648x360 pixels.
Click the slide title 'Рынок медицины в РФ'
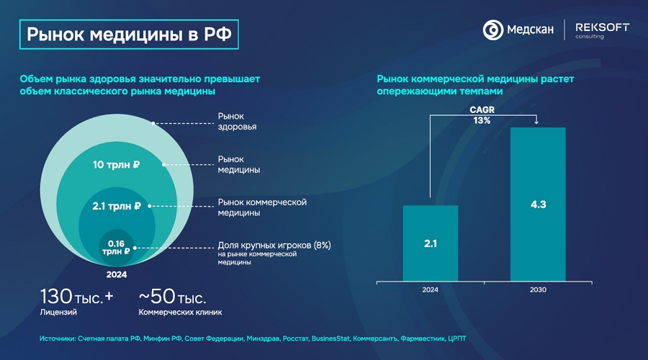click(x=130, y=34)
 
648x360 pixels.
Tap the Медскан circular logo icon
click(x=493, y=30)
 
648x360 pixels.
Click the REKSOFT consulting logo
click(x=602, y=30)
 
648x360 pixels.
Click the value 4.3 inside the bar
click(x=538, y=204)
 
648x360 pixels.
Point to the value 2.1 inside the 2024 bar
click(x=430, y=243)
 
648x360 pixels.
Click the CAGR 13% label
click(x=482, y=115)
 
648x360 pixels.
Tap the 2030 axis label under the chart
click(x=538, y=289)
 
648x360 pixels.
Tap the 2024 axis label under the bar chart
click(x=430, y=289)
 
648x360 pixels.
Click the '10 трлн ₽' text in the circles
click(x=116, y=165)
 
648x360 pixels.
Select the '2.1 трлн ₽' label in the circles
click(x=116, y=206)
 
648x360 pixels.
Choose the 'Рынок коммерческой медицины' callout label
click(x=261, y=207)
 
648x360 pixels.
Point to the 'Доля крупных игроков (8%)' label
click(x=274, y=246)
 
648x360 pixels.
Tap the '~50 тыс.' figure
click(x=172, y=296)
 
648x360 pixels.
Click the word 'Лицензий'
click(x=58, y=312)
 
